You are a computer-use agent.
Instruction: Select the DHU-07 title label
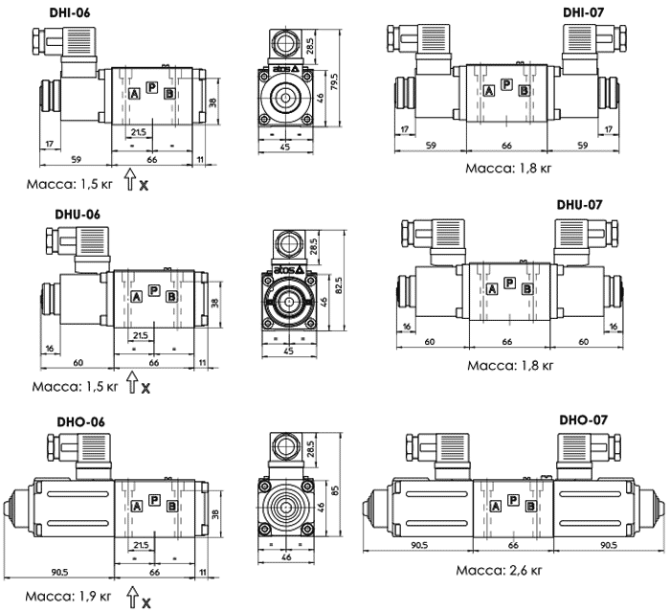click(x=580, y=205)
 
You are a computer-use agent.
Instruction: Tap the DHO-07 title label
click(x=583, y=419)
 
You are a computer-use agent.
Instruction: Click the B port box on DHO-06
click(x=171, y=505)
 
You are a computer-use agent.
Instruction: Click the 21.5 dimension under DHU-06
click(x=140, y=334)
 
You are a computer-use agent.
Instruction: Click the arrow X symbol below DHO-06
click(x=133, y=600)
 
